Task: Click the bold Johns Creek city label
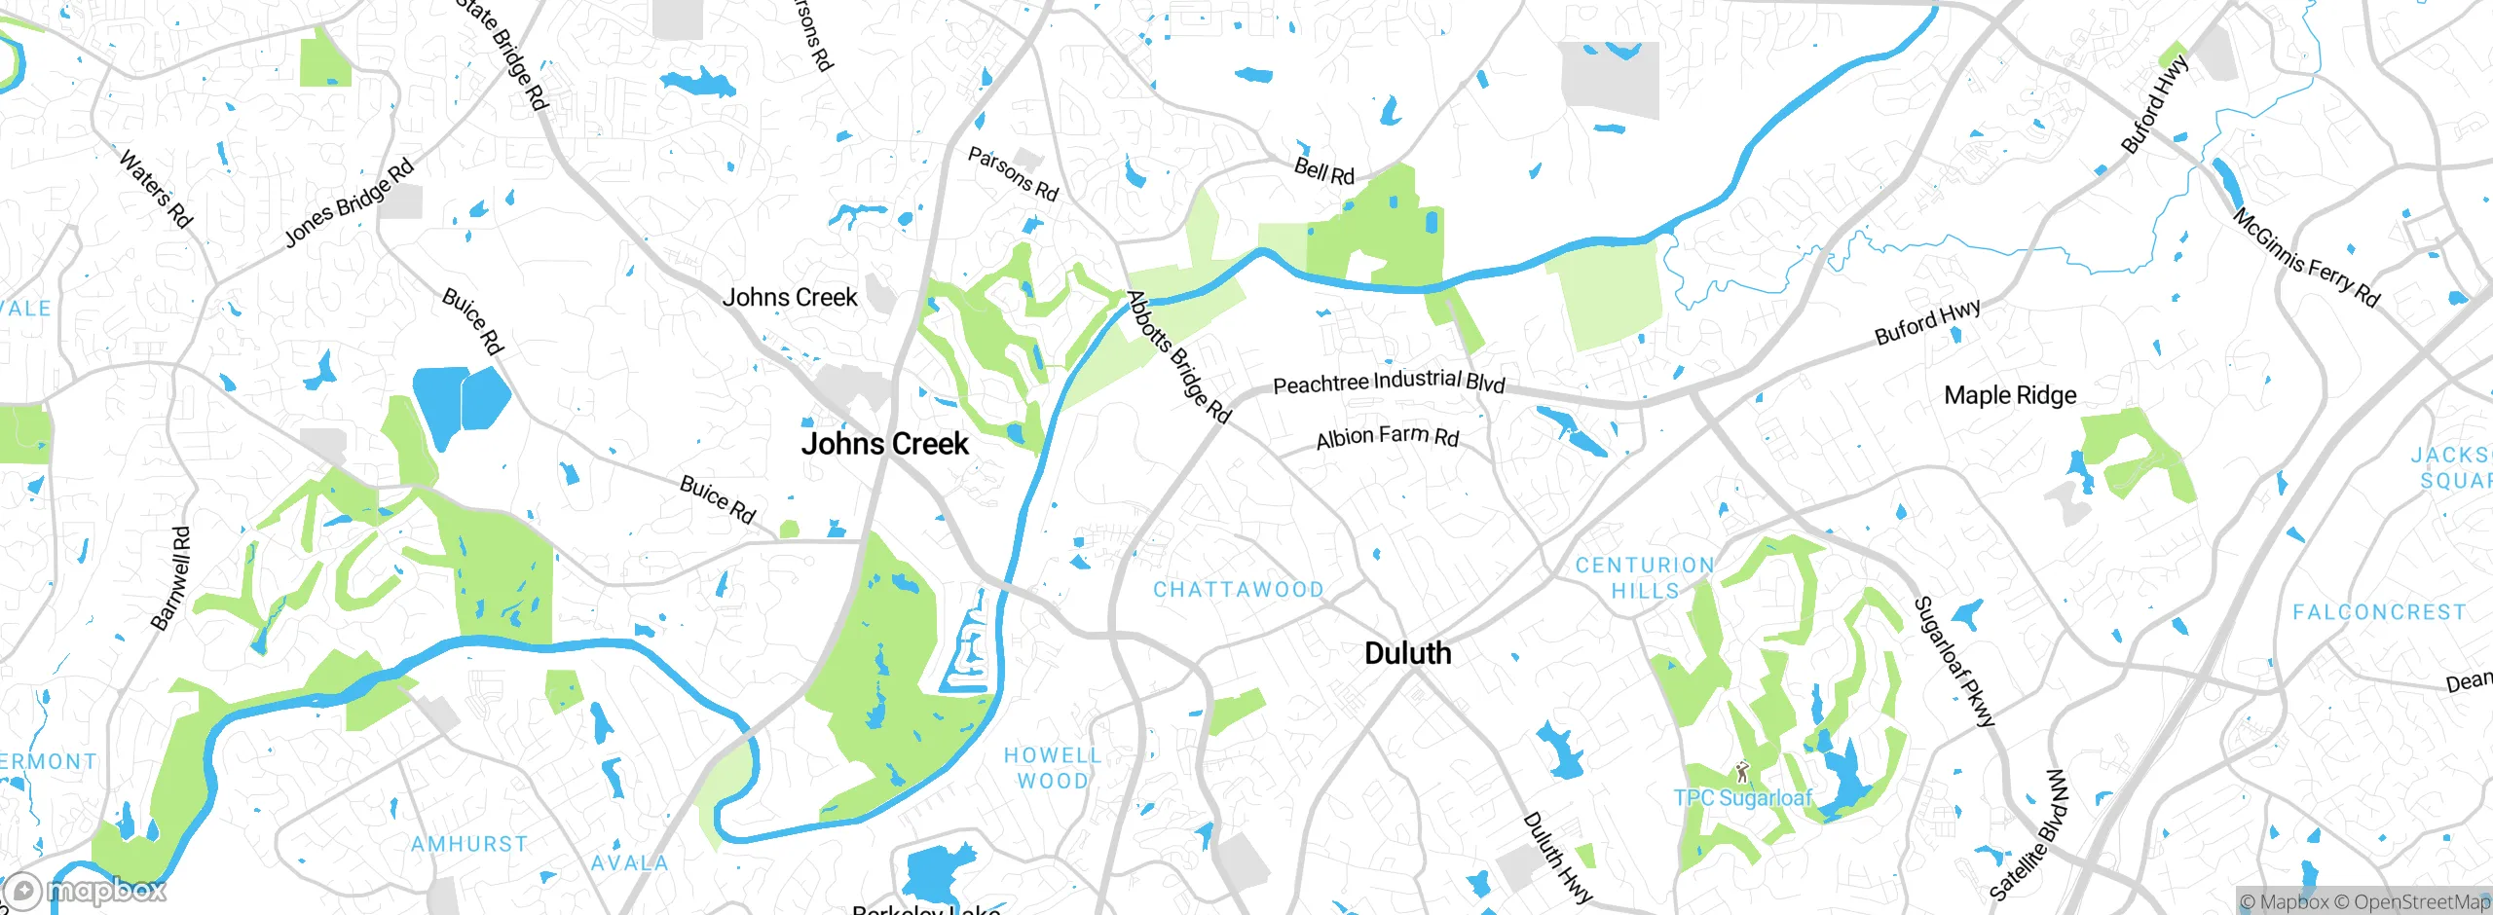(x=884, y=444)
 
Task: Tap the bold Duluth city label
(x=1407, y=653)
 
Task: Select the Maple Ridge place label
(x=2010, y=395)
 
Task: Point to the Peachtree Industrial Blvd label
(x=1389, y=382)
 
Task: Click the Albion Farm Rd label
(x=1387, y=437)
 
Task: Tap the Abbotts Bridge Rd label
(x=1178, y=356)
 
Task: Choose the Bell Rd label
(x=1323, y=171)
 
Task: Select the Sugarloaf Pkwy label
(x=1953, y=662)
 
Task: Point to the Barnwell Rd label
(x=171, y=578)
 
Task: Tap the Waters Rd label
(x=156, y=188)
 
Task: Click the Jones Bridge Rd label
(x=349, y=202)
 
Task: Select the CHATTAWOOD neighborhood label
(x=1238, y=589)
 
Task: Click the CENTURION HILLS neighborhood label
(x=1645, y=577)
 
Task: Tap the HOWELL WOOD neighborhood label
(x=1053, y=767)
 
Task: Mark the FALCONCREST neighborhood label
(x=2379, y=612)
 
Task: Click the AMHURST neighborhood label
(x=469, y=844)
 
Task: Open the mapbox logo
(x=86, y=890)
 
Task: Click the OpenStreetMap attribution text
(x=2421, y=902)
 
